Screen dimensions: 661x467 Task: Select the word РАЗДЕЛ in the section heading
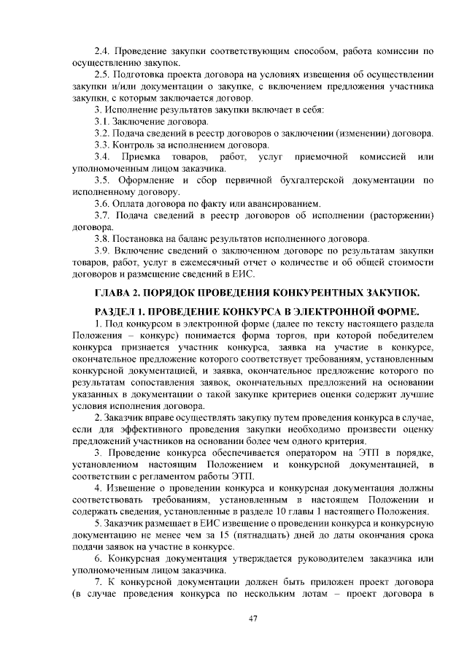[x=121, y=312]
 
